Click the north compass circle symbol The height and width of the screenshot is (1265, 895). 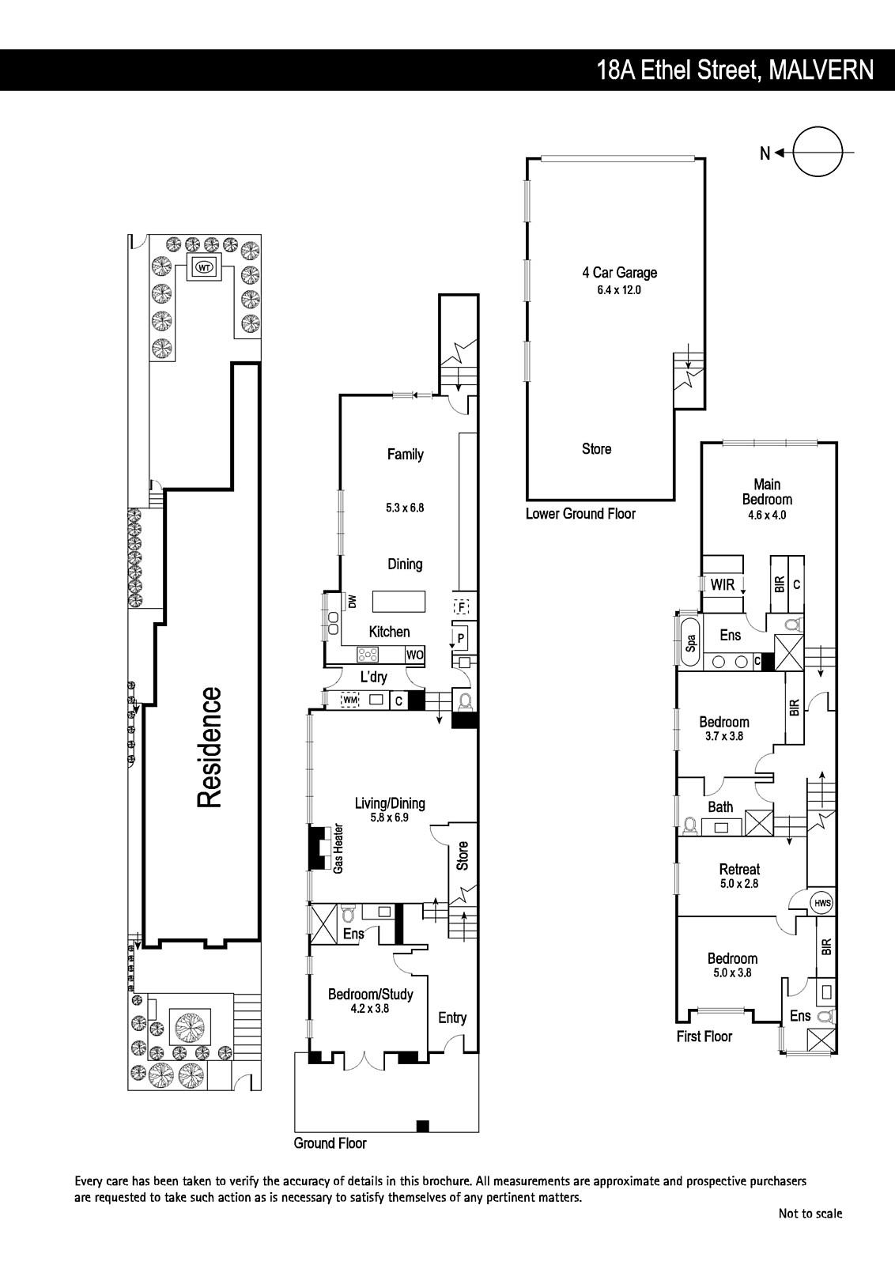point(818,127)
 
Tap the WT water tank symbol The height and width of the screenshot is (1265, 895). point(204,267)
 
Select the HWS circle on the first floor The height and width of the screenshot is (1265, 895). point(823,902)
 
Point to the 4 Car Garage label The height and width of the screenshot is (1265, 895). point(619,273)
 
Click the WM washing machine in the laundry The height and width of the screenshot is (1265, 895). point(350,700)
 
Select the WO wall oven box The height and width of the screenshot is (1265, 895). point(414,655)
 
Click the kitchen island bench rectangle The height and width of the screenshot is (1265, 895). point(398,601)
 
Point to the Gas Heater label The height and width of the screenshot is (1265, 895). point(338,849)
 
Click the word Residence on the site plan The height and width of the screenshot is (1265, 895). point(209,747)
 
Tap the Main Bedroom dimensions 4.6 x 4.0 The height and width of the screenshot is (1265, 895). point(767,515)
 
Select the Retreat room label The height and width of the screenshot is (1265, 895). point(739,870)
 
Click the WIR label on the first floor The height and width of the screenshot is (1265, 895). point(723,584)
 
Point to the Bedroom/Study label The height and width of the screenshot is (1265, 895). point(371,995)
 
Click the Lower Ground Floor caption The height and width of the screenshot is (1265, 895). point(580,514)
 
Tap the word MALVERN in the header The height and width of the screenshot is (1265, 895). point(821,70)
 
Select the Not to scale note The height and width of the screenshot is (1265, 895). point(810,1213)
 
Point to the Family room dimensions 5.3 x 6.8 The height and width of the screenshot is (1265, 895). point(405,508)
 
